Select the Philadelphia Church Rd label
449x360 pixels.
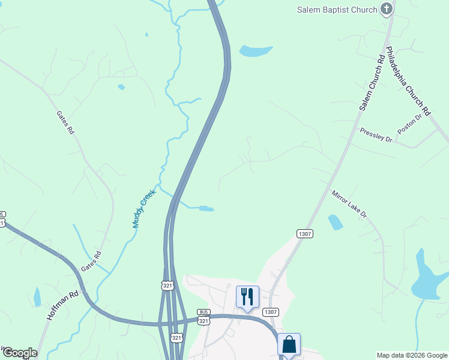pyautogui.click(x=408, y=81)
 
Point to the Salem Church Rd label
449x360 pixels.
pyautogui.click(x=372, y=83)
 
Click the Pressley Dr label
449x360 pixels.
pyautogui.click(x=376, y=135)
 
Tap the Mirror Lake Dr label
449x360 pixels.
pyautogui.click(x=349, y=204)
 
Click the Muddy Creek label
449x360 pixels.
pyautogui.click(x=143, y=209)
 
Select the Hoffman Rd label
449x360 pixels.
pyautogui.click(x=62, y=306)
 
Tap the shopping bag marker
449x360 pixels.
pyautogui.click(x=289, y=345)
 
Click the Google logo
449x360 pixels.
pyautogui.click(x=19, y=353)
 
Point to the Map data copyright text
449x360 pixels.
pyautogui.click(x=412, y=355)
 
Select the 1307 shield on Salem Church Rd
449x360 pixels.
pyautogui.click(x=304, y=233)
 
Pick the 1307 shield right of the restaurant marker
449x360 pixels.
pyautogui.click(x=270, y=311)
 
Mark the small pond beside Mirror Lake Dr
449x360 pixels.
pyautogui.click(x=336, y=222)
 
